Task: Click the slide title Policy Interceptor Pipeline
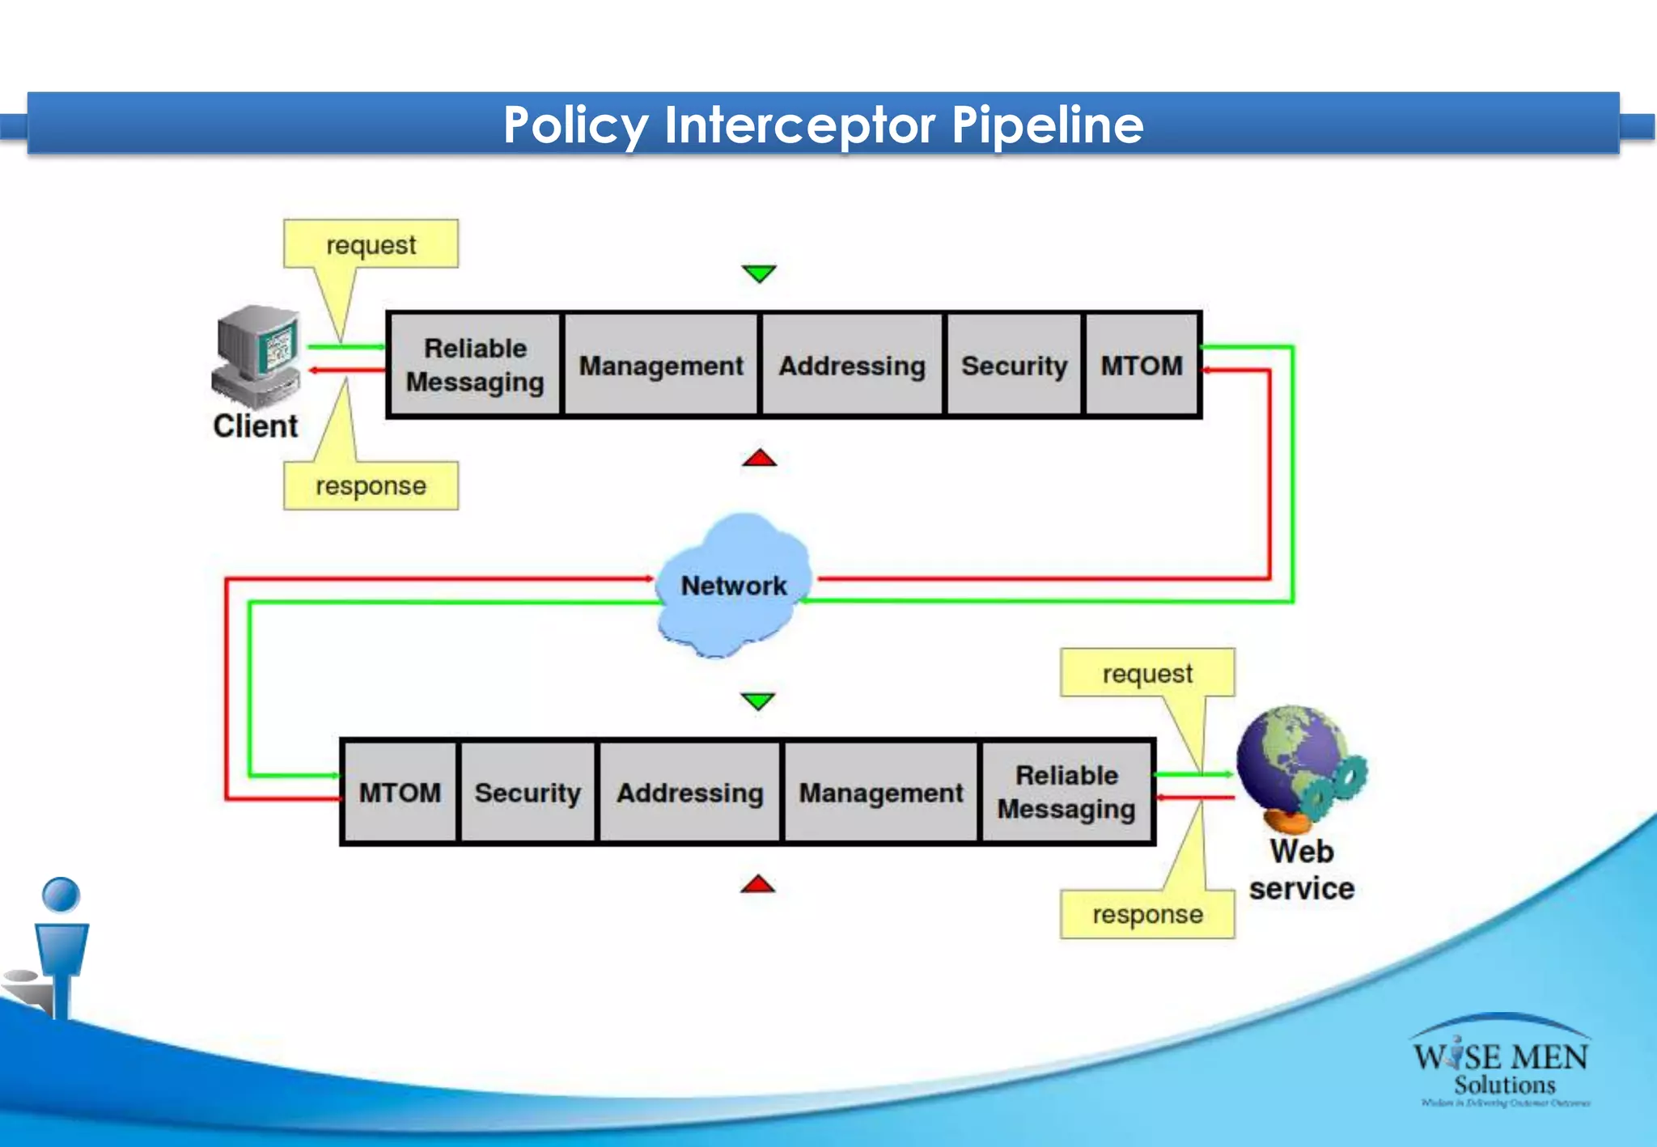823,125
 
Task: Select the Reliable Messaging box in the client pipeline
475,365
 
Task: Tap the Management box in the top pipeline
661,366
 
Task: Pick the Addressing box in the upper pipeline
852,366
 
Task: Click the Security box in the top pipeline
1014,366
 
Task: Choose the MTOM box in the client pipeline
1142,366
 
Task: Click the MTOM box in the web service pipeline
400,793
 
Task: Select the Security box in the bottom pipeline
528,793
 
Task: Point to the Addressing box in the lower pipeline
690,793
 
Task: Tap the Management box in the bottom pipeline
881,793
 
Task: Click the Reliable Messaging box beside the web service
1066,793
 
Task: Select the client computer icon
256,356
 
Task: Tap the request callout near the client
371,244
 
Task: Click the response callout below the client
371,486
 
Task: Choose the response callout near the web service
1147,915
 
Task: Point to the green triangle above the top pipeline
759,273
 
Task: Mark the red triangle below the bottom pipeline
757,884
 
